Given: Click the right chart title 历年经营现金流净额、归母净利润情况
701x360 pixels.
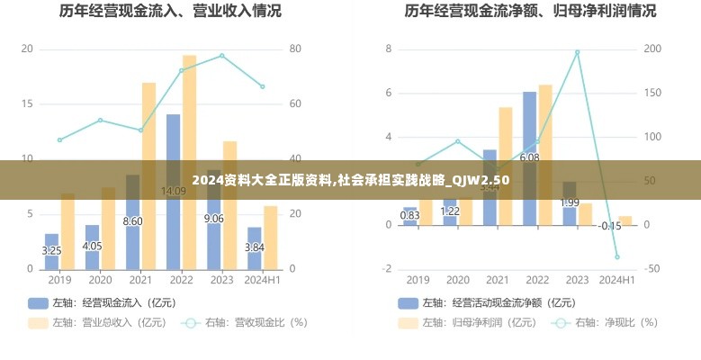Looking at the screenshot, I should (530, 12).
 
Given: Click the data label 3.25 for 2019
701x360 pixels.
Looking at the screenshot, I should (52, 250).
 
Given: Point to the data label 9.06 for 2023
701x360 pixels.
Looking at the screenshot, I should (214, 219).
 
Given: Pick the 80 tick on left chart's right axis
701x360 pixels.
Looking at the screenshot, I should (294, 49).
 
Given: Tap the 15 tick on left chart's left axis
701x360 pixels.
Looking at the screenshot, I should (27, 103).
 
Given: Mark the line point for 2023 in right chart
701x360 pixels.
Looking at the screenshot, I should (577, 52).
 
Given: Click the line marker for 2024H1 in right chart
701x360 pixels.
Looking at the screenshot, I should (617, 256).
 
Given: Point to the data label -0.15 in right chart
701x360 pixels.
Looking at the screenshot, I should (611, 226).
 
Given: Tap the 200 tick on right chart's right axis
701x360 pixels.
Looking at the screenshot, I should (654, 49).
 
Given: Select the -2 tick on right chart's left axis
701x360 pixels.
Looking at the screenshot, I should (389, 269).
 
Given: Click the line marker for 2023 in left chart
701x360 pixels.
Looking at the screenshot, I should (221, 56).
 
